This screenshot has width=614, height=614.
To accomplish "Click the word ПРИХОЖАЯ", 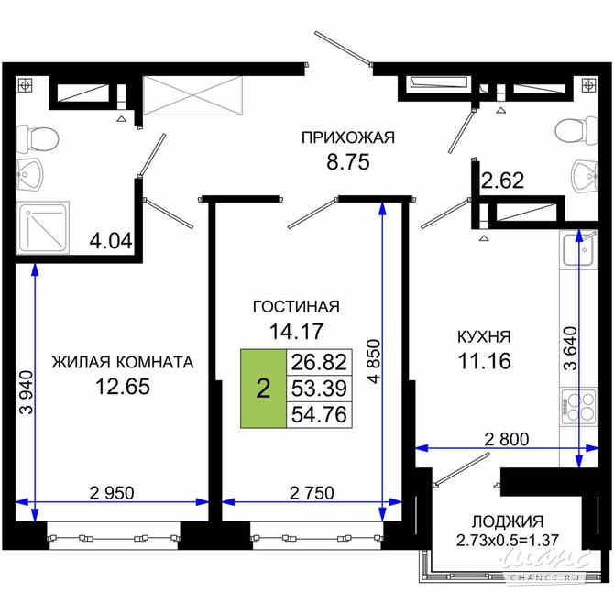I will (347, 138).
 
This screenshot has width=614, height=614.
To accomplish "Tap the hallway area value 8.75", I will (347, 161).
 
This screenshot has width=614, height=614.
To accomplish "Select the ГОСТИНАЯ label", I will (296, 306).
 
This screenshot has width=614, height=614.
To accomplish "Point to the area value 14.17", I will (296, 328).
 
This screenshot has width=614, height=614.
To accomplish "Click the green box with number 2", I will (264, 389).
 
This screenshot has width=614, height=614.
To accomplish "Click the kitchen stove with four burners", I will (576, 405).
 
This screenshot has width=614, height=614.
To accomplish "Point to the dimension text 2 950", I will (112, 493).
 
